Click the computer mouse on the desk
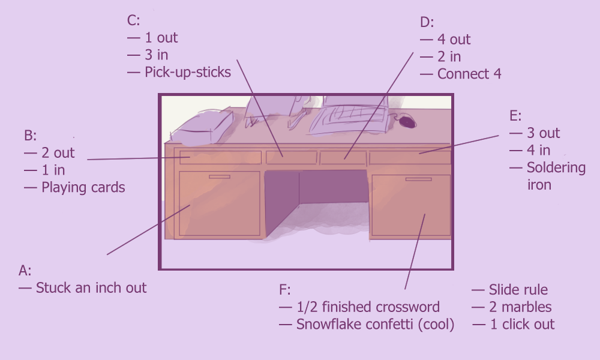[x=407, y=122]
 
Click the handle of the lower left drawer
[x=219, y=177]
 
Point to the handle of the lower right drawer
[x=418, y=179]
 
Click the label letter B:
[x=30, y=136]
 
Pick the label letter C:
[x=133, y=20]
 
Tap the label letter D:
[x=426, y=22]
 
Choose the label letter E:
[x=515, y=116]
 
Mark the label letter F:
[x=285, y=290]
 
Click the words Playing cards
[x=83, y=187]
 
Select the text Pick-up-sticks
[x=187, y=73]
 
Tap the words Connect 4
[x=469, y=74]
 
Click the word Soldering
[x=556, y=167]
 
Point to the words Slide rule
[x=518, y=290]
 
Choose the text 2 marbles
[x=520, y=307]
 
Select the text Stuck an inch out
[x=91, y=287]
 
